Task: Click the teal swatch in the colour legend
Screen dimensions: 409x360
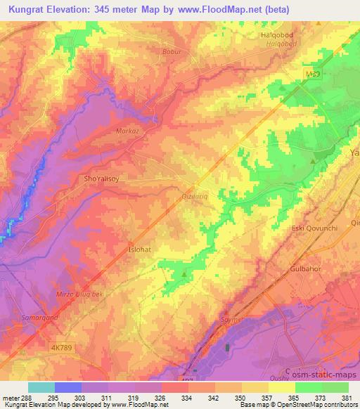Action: (x=41, y=387)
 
